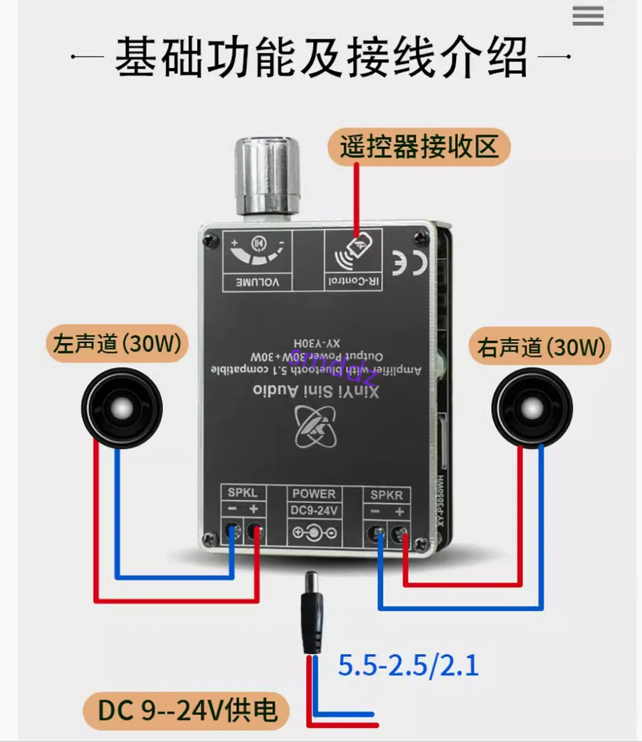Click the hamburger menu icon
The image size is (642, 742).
[x=587, y=16]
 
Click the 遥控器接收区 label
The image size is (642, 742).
[x=418, y=148]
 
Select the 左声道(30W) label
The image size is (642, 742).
[x=117, y=344]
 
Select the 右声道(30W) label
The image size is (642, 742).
[x=541, y=347]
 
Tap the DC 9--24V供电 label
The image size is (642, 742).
[x=187, y=710]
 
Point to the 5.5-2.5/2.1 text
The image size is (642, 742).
[x=408, y=666]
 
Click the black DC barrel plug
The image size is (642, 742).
[x=313, y=612]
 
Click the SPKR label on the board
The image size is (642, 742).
[x=386, y=495]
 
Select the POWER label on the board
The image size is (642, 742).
[x=314, y=494]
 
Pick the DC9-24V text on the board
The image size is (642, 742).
[x=314, y=511]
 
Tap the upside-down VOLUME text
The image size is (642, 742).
[x=257, y=282]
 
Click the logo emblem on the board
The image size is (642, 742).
[x=317, y=426]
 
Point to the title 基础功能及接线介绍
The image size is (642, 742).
[x=321, y=58]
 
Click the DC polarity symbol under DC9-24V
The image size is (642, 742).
[x=314, y=533]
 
